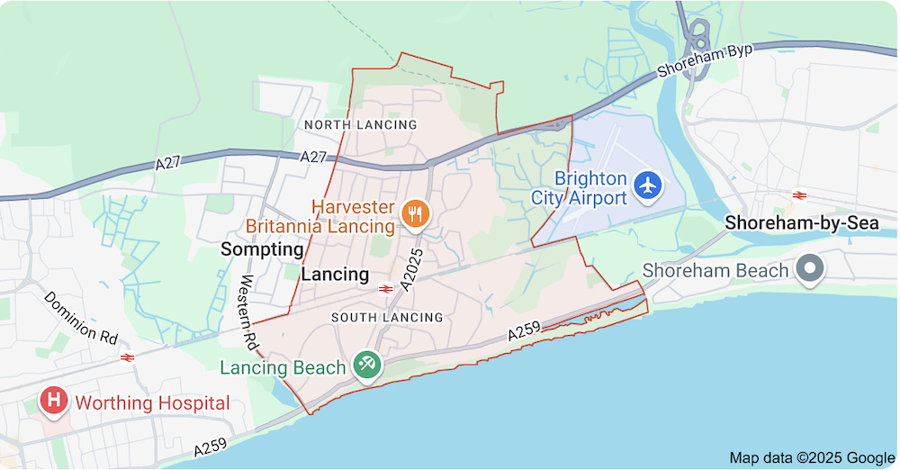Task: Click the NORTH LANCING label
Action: pos(360,124)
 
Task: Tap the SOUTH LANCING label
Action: pos(387,317)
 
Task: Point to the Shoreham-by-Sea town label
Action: pos(802,223)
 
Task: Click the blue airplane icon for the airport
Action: pos(647,186)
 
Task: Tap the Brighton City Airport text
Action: pos(578,188)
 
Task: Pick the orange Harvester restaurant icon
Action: pos(415,213)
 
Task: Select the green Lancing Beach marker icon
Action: pos(367,365)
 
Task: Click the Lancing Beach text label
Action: pos(283,367)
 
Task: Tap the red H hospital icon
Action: pos(54,401)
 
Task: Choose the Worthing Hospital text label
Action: pos(152,403)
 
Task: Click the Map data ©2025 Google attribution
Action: pos(812,457)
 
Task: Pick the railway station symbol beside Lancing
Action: pos(385,288)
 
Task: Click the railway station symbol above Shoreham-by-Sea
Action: pos(797,195)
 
